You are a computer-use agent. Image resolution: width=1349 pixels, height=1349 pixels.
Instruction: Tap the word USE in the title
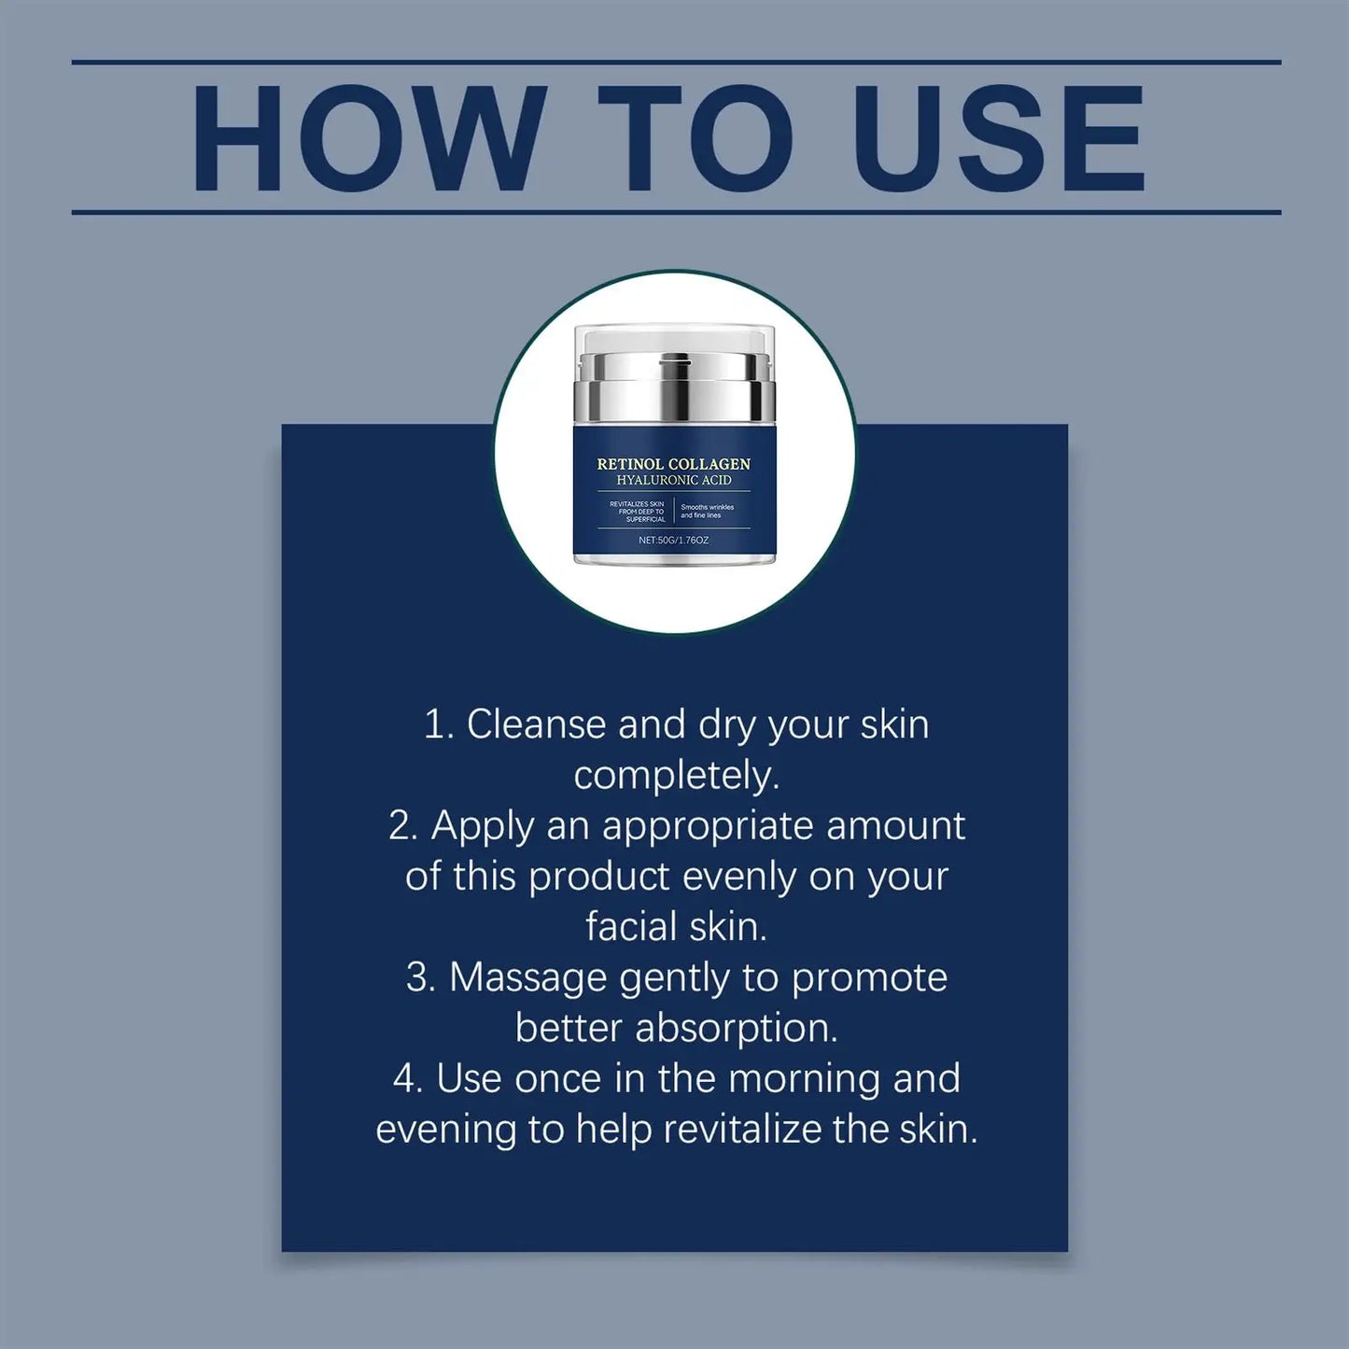pyautogui.click(x=999, y=138)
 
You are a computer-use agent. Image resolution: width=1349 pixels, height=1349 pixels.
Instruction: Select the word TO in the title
pyautogui.click(x=695, y=138)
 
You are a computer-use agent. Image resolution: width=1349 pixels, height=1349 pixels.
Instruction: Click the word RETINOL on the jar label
pyautogui.click(x=631, y=464)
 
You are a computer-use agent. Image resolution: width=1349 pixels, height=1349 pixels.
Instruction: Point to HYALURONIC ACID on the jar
pyautogui.click(x=674, y=480)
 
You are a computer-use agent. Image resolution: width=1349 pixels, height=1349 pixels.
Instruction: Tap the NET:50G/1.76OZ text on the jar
pyautogui.click(x=674, y=541)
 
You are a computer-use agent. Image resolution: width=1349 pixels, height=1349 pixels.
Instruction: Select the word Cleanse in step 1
pyautogui.click(x=536, y=725)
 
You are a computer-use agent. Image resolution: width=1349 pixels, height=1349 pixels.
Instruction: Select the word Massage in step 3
pyautogui.click(x=528, y=978)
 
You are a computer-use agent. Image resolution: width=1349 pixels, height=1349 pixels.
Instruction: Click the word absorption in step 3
pyautogui.click(x=736, y=1029)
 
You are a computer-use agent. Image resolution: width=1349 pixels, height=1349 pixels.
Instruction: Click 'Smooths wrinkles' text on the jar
pyautogui.click(x=707, y=508)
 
